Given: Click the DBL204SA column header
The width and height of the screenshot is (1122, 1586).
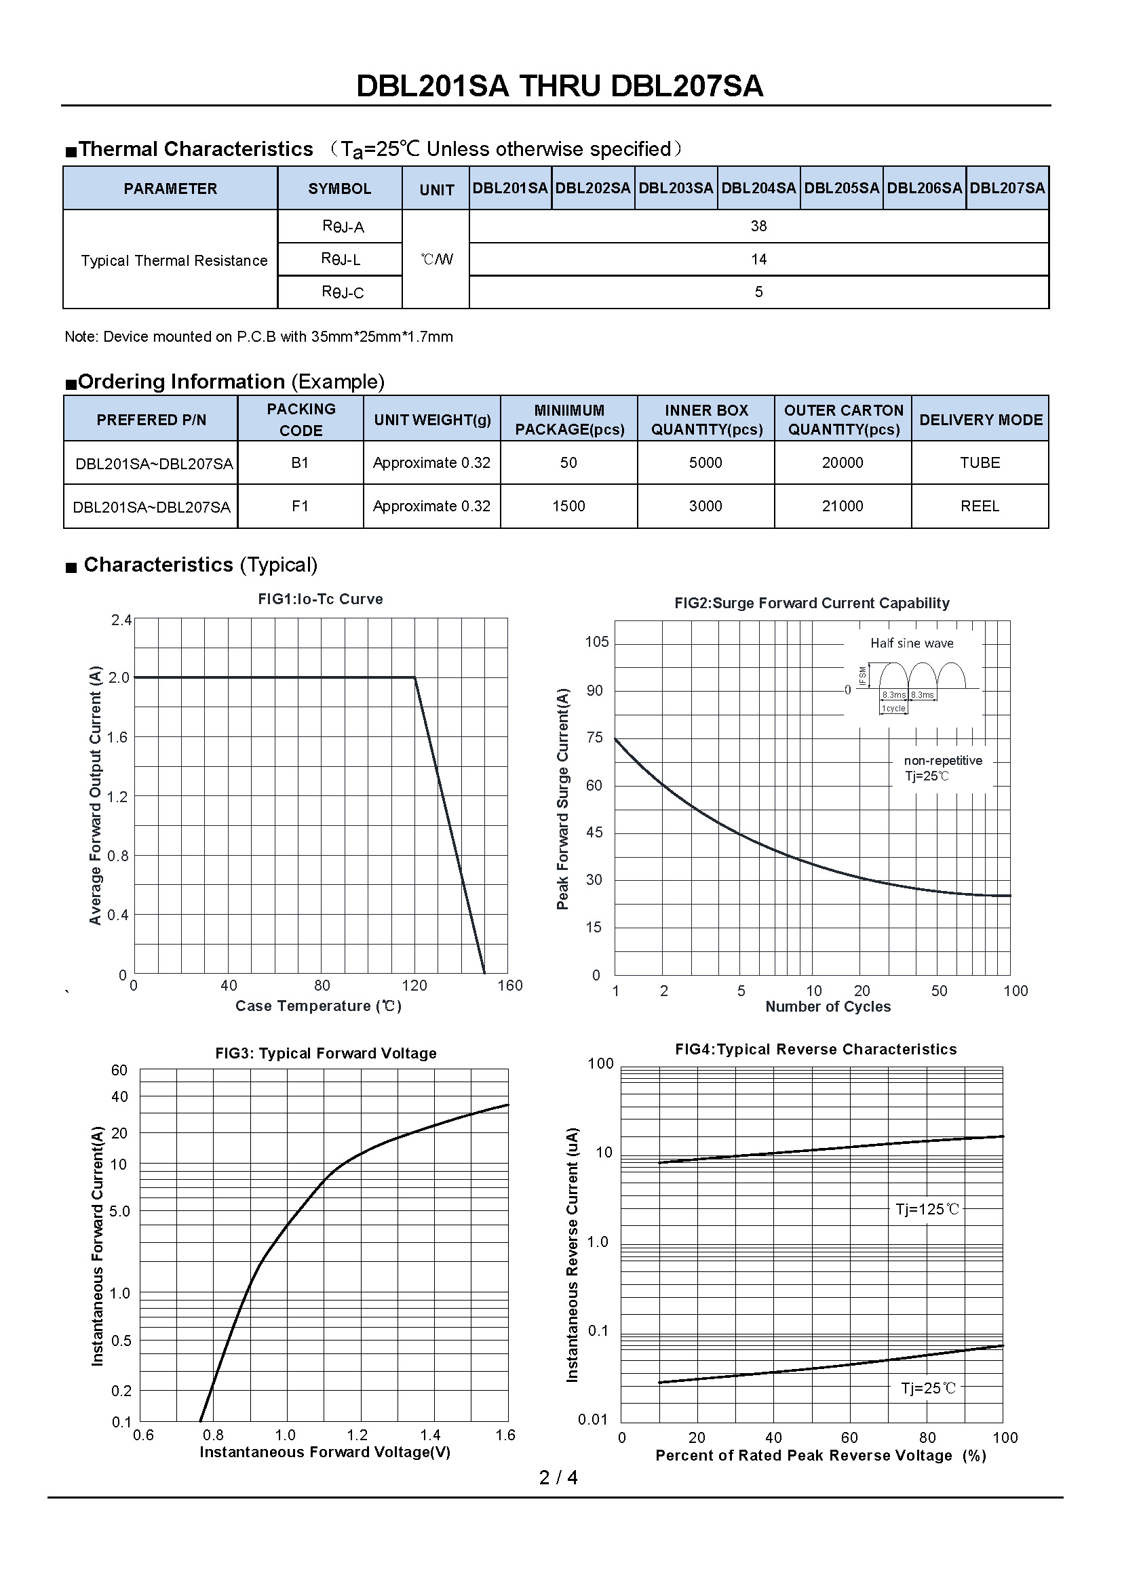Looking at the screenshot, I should [x=758, y=188].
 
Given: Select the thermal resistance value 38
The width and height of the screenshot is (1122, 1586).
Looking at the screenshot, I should [x=758, y=226].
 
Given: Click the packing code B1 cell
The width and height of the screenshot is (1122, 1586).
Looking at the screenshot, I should [x=300, y=463].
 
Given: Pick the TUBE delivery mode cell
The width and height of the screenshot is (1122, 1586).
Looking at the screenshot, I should [x=980, y=463].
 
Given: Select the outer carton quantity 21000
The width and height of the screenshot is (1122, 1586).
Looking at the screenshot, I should [x=843, y=507].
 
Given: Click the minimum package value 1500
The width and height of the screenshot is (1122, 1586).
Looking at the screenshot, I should [x=568, y=507].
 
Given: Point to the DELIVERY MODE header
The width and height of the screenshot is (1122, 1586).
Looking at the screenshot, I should [x=980, y=419].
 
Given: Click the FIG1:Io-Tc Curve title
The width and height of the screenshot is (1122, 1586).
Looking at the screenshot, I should [x=321, y=599].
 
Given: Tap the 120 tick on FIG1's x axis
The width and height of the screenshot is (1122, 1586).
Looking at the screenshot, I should [x=414, y=986].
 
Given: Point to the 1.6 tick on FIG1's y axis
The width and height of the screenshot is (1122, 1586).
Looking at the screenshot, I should [x=118, y=737].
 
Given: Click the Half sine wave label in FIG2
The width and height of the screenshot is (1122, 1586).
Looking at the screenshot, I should [x=912, y=643].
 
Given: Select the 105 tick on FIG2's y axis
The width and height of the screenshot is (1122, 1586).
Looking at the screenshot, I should [x=597, y=641].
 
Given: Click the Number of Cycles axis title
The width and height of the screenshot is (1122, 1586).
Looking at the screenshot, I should [x=828, y=1006].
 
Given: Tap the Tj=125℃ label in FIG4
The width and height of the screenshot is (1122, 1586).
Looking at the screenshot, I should [x=927, y=1209].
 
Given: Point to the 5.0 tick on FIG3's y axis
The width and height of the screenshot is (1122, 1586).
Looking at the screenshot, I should [x=119, y=1211].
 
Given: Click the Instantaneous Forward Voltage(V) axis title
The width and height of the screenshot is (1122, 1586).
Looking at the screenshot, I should [x=325, y=1452].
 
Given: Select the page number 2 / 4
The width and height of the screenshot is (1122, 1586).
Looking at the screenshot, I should [x=558, y=1478].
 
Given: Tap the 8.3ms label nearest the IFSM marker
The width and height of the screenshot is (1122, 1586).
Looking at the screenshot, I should [x=894, y=695].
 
